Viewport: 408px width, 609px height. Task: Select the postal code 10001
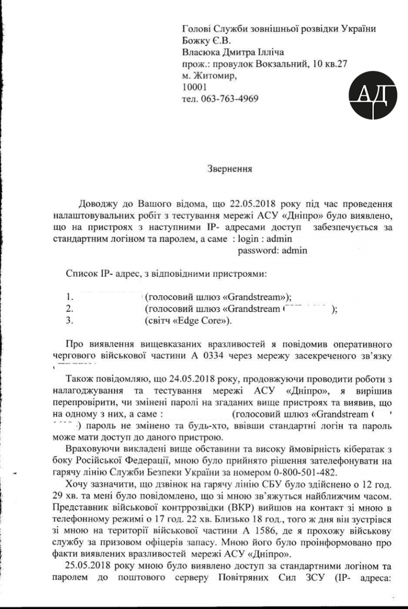pos(193,87)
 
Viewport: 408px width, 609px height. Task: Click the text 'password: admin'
pos(273,250)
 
